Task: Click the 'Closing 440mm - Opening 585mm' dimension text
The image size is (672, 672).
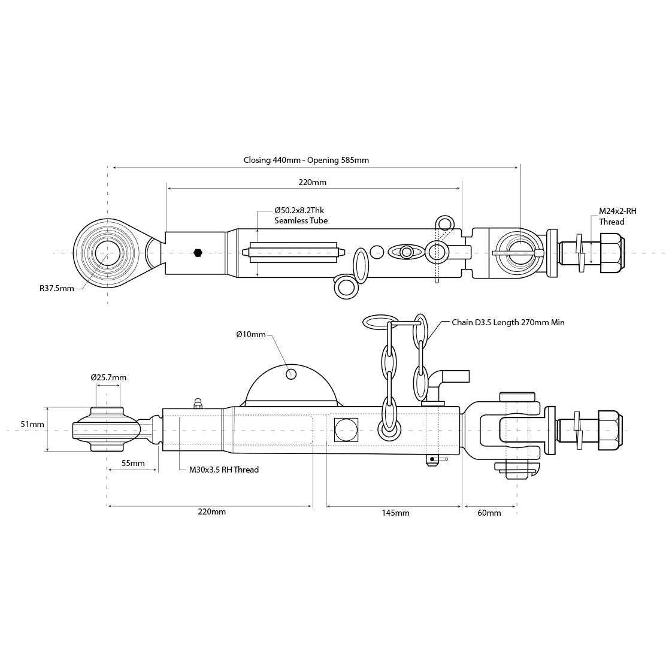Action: (x=306, y=160)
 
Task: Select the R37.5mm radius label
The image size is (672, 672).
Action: (x=57, y=288)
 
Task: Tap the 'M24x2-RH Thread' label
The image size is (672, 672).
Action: (x=617, y=216)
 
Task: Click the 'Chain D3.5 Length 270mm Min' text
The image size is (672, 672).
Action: (x=508, y=322)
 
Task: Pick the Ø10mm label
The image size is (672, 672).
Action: (x=251, y=334)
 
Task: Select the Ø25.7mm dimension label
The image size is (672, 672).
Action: (x=108, y=377)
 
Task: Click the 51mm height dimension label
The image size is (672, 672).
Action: (x=32, y=424)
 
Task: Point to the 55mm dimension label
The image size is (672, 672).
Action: (x=133, y=463)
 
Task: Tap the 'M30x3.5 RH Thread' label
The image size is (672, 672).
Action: (x=224, y=470)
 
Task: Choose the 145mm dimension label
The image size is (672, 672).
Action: (x=395, y=513)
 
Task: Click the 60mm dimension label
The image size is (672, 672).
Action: (x=489, y=513)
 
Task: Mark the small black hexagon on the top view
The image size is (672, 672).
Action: (x=198, y=253)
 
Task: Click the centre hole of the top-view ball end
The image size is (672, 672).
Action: (x=107, y=253)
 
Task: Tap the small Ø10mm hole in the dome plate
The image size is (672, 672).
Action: (x=291, y=374)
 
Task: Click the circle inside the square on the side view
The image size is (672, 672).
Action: (x=346, y=430)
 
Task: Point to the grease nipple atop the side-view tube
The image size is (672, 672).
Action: (x=198, y=403)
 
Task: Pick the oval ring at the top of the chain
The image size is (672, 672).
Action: (x=380, y=322)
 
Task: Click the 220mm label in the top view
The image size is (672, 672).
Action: (x=313, y=182)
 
